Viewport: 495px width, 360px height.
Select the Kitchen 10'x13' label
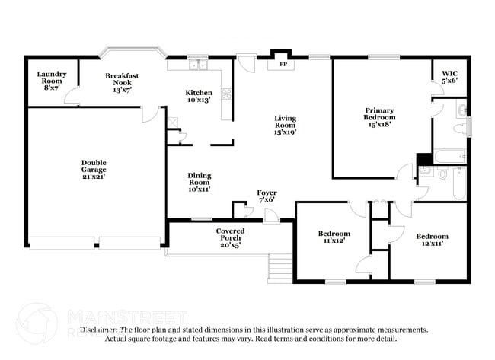click(199, 97)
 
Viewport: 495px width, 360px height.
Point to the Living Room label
click(285, 125)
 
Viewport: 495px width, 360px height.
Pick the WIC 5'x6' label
click(449, 77)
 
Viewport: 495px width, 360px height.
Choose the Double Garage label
click(94, 169)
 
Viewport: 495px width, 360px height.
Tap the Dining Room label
click(199, 183)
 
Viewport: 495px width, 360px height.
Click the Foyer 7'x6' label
click(267, 196)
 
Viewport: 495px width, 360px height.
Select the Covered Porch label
click(229, 237)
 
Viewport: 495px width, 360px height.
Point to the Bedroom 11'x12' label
click(334, 237)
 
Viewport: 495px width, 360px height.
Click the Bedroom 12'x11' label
click(432, 240)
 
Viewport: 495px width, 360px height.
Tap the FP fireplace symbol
click(283, 65)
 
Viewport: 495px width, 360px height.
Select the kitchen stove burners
click(225, 94)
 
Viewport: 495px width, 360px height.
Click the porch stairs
click(280, 266)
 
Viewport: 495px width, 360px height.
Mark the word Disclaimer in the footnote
click(98, 330)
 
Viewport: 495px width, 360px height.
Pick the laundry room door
click(70, 97)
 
